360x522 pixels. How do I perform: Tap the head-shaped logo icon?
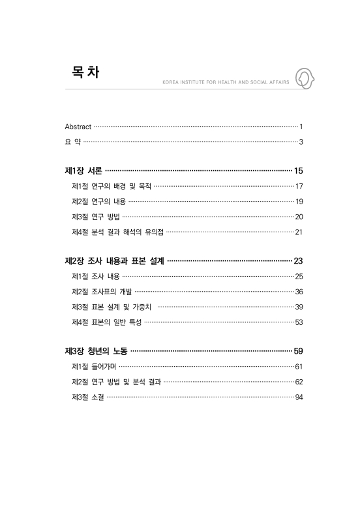[x=305, y=78]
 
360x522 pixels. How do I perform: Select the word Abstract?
[x=78, y=126]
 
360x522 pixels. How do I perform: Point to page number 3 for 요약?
[x=301, y=142]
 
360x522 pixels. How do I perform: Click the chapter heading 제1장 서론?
[x=83, y=171]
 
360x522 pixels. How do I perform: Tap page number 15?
[x=299, y=171]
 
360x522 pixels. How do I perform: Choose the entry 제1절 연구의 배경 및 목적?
[x=111, y=186]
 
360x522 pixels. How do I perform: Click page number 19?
[x=299, y=201]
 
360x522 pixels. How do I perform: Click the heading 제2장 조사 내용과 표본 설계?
[x=115, y=261]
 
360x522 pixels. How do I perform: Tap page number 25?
[x=299, y=276]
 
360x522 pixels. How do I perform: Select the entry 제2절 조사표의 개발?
[x=102, y=291]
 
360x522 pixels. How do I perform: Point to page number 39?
[x=299, y=307]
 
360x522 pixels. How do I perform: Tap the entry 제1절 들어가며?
[x=95, y=366]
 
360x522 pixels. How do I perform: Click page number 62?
[x=299, y=381]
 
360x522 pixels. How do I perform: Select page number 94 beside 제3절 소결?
[x=299, y=397]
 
